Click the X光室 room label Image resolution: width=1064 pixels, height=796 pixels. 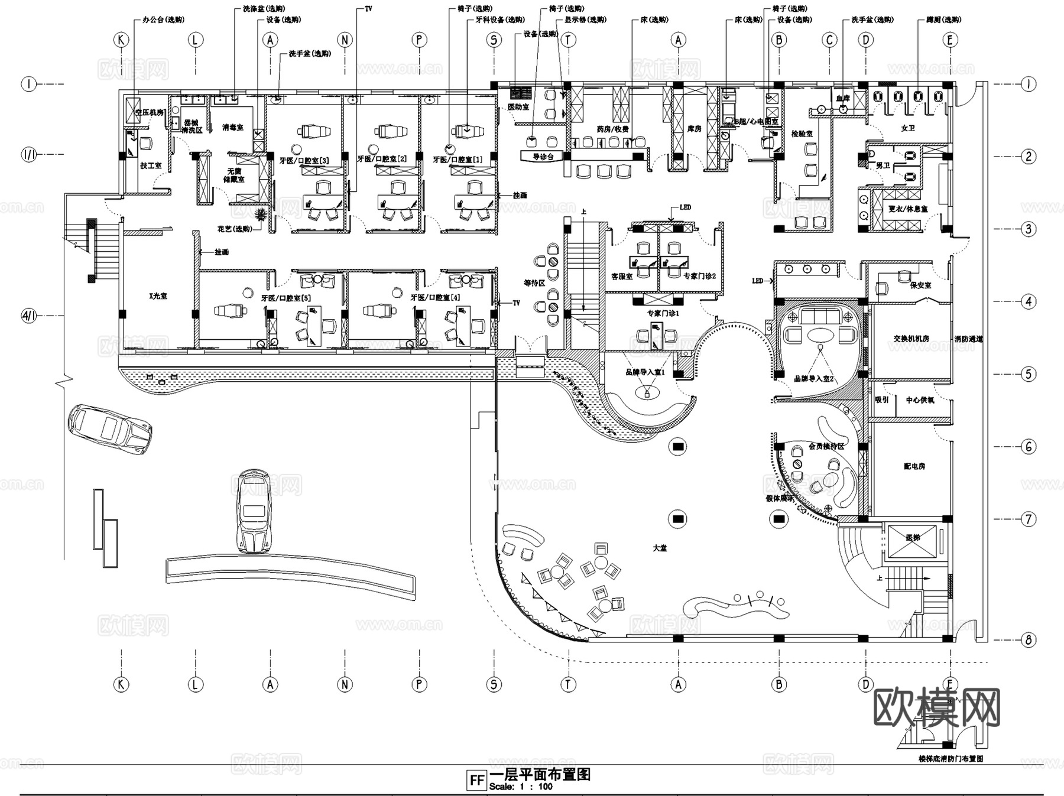point(158,295)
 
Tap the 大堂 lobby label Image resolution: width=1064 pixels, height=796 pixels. point(660,548)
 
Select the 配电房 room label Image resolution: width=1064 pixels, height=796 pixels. point(914,466)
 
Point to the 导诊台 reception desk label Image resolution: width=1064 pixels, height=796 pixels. point(543,157)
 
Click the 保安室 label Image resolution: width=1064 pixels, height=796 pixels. point(920,285)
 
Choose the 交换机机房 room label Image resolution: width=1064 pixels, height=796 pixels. point(911,339)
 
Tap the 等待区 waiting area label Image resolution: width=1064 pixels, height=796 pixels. point(534,283)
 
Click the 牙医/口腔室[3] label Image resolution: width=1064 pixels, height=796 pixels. point(304,160)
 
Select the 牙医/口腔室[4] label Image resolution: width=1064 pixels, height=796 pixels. point(435,297)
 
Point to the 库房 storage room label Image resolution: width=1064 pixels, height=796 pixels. point(694,128)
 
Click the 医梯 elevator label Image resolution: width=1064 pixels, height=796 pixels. point(913,538)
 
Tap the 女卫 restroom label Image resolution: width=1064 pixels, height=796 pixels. point(907,128)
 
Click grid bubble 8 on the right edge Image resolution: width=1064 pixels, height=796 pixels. point(1029,639)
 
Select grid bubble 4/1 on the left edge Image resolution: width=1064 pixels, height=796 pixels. point(29,316)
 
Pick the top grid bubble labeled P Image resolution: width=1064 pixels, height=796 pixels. point(419,40)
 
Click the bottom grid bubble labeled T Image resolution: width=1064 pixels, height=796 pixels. point(568,684)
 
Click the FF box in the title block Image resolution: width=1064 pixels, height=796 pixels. point(476,779)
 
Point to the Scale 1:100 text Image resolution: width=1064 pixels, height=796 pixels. point(521,787)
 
